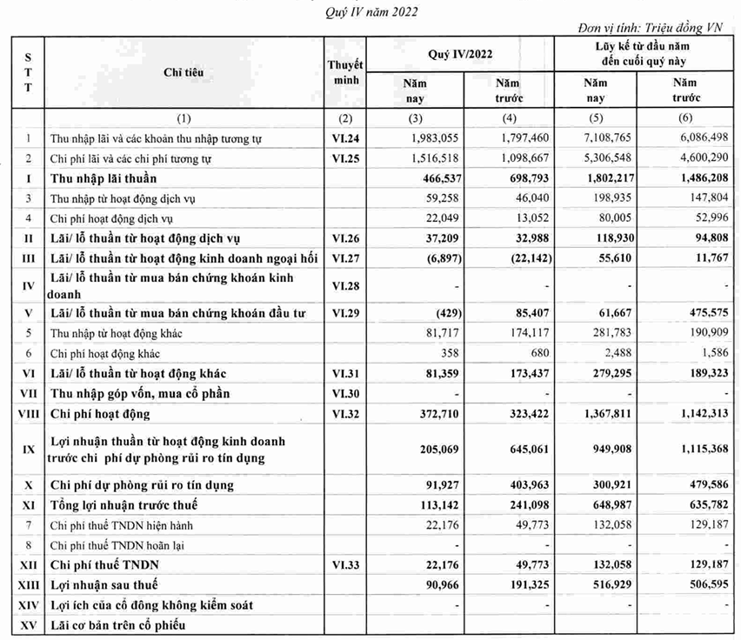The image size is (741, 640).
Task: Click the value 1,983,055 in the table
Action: (x=431, y=138)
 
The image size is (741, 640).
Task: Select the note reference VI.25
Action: (x=345, y=159)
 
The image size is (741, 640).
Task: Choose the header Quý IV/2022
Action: (x=460, y=54)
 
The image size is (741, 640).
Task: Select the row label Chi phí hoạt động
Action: (x=101, y=414)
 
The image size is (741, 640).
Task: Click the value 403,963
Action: (x=523, y=484)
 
